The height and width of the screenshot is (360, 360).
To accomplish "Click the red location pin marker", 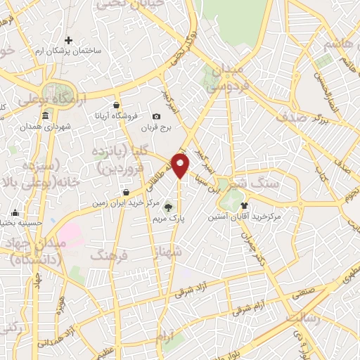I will [x=181, y=167].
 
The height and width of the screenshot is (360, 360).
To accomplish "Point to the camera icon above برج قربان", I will [x=156, y=116].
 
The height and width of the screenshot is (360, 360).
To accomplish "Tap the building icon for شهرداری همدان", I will [x=46, y=115].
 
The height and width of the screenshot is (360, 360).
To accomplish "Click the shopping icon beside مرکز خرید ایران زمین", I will [x=126, y=191].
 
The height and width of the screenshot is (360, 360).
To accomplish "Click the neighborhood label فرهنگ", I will [x=105, y=254].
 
